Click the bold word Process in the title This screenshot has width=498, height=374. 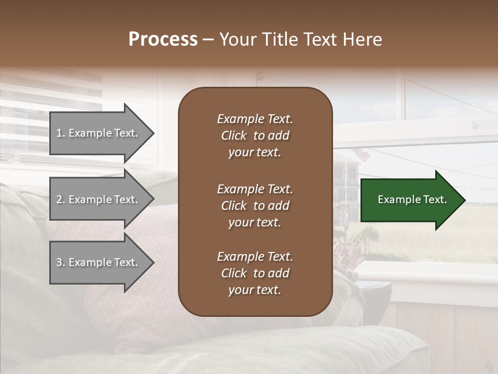click(163, 39)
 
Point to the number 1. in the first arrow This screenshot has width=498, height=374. click(61, 133)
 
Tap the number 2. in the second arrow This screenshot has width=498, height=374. click(61, 199)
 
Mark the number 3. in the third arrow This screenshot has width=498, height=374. click(61, 262)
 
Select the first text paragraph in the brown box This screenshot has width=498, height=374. click(255, 136)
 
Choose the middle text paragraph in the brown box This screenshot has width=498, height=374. click(255, 206)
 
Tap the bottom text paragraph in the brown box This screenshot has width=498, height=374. click(255, 273)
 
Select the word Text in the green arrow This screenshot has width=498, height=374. click(435, 199)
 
